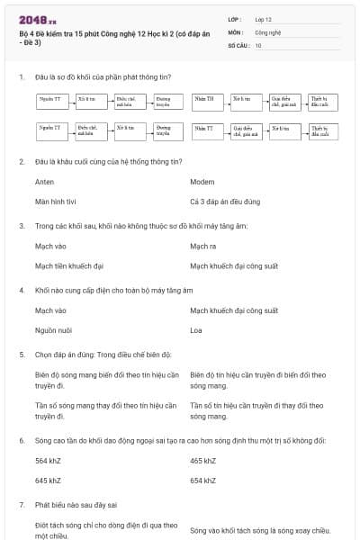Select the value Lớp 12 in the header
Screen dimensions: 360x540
tap(263, 18)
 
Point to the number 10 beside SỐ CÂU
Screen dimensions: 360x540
tap(258, 44)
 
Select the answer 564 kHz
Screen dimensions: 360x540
tap(48, 461)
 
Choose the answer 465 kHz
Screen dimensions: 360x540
tap(202, 461)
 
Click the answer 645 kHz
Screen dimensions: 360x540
tap(48, 481)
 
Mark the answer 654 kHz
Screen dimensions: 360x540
tap(202, 481)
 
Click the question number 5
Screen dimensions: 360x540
tap(22, 355)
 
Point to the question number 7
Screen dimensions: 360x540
tap(22, 505)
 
